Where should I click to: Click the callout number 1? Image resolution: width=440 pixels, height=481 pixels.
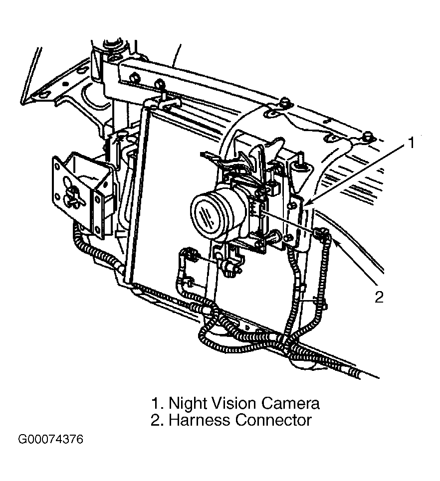[x=411, y=143]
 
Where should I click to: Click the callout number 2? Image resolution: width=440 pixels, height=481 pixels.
[x=379, y=297]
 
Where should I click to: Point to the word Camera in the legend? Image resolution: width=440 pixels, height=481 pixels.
[x=290, y=404]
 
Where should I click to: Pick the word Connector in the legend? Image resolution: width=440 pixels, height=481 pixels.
[x=273, y=420]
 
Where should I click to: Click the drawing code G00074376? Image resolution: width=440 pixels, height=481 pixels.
[x=51, y=440]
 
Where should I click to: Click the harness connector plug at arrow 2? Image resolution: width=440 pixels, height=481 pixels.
[x=321, y=234]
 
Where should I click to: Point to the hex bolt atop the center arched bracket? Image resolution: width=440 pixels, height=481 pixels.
[x=285, y=102]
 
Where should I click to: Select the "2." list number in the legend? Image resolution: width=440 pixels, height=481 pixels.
[x=158, y=420]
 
